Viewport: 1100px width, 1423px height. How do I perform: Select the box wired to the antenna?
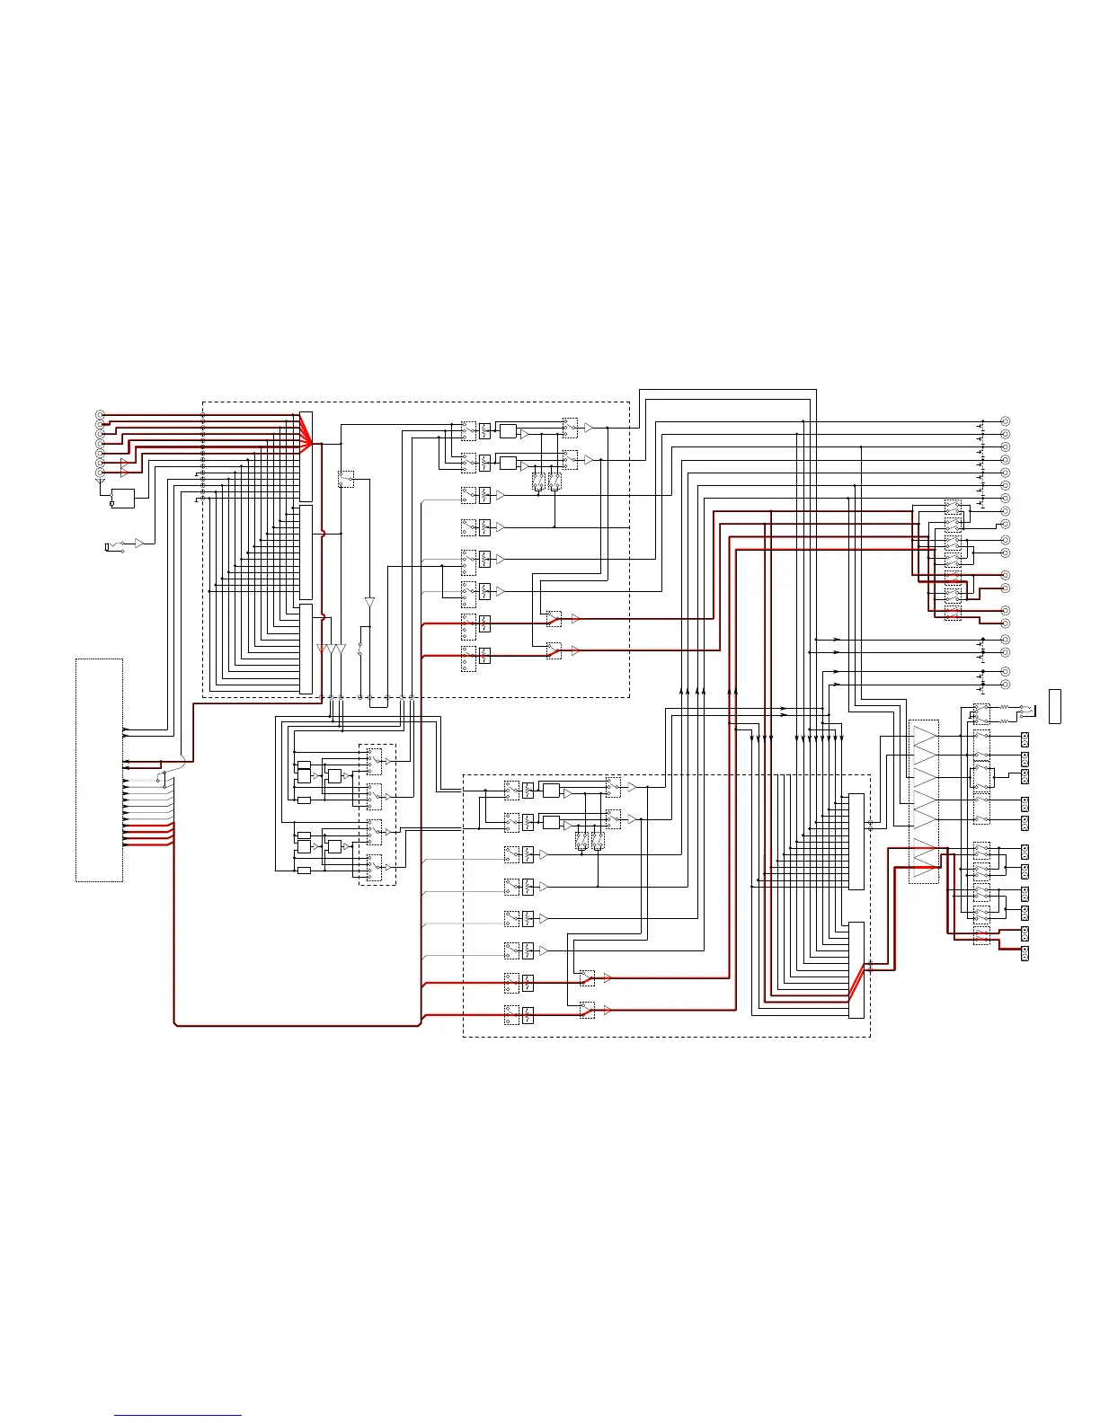click(122, 498)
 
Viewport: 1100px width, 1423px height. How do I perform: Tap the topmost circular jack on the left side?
click(100, 414)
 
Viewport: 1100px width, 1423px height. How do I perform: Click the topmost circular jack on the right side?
click(1006, 421)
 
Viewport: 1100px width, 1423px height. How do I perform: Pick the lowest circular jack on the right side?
click(1006, 685)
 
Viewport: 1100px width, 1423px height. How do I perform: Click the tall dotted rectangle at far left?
click(99, 770)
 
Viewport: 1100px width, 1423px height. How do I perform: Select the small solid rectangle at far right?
click(1055, 706)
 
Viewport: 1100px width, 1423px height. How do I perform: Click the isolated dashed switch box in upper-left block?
click(346, 479)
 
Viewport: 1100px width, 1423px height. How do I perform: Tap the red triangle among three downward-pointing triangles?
click(322, 649)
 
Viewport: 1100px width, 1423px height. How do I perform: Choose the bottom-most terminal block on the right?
click(1025, 954)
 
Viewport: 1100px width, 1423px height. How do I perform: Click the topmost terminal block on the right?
click(1025, 739)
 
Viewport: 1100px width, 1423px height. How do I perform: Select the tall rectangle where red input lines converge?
click(306, 456)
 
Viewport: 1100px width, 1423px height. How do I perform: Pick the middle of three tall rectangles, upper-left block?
click(306, 552)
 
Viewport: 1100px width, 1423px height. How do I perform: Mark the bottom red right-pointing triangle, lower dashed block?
click(608, 1011)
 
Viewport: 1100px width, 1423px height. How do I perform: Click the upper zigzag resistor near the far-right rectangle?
click(1004, 708)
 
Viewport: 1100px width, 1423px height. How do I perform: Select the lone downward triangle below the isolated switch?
click(369, 603)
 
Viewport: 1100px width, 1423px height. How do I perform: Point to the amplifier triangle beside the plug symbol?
click(139, 544)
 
